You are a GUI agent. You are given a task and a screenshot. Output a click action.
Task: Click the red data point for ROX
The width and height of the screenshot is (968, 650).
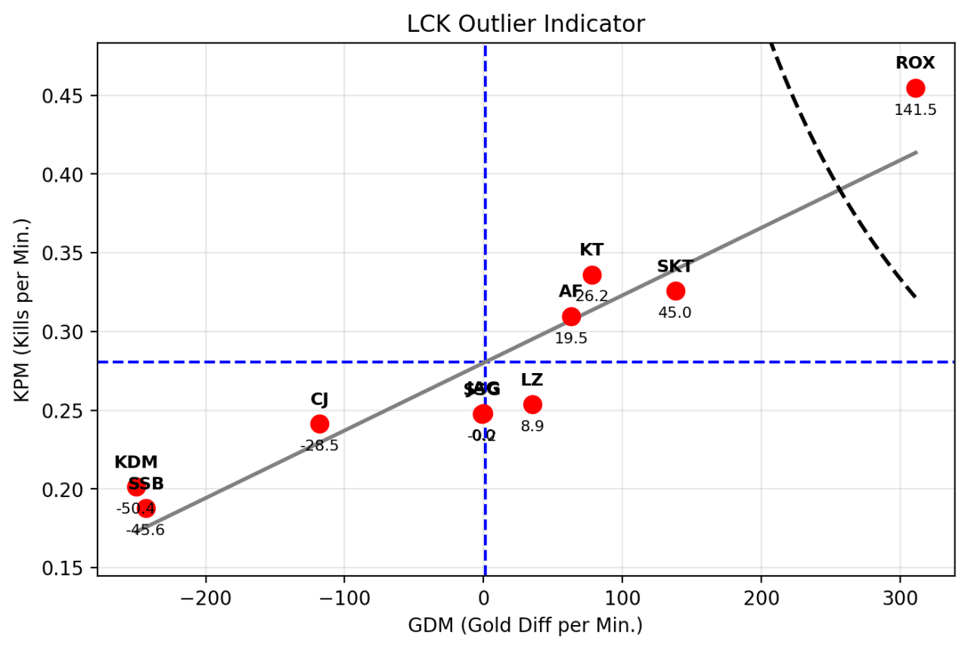(x=916, y=88)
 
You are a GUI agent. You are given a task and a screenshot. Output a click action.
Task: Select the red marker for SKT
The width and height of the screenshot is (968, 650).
(x=675, y=291)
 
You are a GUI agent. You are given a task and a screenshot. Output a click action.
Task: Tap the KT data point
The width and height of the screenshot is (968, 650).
(x=592, y=275)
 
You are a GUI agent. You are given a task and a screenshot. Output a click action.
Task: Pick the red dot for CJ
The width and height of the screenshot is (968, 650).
(x=320, y=424)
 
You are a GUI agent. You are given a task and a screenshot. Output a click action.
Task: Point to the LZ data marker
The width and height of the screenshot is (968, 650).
(x=532, y=404)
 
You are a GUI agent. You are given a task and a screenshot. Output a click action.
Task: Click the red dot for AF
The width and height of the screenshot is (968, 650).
(x=571, y=316)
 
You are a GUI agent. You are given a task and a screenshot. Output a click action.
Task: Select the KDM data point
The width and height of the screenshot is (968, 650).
(x=136, y=487)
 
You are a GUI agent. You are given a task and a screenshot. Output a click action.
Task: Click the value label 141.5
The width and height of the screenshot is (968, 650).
(x=915, y=110)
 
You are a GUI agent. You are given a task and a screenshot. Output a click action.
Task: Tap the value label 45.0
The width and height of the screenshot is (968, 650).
(x=675, y=313)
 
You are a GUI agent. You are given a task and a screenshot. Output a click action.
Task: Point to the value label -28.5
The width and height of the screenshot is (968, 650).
(x=319, y=446)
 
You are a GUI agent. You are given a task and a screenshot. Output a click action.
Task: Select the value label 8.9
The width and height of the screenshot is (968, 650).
(x=532, y=426)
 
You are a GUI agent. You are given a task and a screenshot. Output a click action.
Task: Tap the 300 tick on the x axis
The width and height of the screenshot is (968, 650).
(x=900, y=594)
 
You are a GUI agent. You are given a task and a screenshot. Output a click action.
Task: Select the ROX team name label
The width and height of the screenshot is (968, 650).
(x=915, y=63)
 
